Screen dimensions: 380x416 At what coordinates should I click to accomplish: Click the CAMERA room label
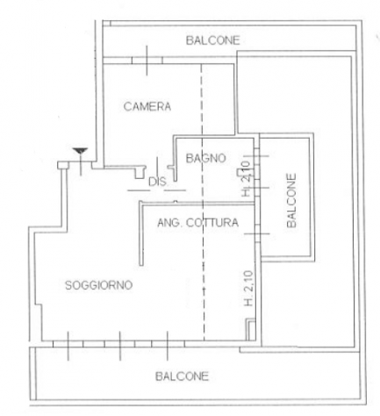[x=147, y=106]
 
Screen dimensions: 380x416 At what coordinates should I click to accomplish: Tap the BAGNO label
[x=206, y=158]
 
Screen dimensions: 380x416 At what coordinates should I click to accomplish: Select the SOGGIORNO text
[x=98, y=285]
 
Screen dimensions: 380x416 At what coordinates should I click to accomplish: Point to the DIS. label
[x=158, y=182]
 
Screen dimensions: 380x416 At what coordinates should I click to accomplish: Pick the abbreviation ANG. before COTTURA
[x=170, y=223]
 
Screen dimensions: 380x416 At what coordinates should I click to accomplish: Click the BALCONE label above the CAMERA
[x=213, y=40]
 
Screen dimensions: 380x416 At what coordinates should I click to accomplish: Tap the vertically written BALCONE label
[x=291, y=201]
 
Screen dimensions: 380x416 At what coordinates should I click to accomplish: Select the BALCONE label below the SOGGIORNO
[x=182, y=377]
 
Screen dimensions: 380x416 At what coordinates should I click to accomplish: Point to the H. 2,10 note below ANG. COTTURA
[x=248, y=289]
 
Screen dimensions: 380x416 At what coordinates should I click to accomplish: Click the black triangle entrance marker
[x=80, y=151]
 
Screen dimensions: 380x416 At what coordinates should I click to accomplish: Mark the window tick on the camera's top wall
[x=147, y=61]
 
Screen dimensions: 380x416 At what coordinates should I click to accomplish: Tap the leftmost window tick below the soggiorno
[x=68, y=346]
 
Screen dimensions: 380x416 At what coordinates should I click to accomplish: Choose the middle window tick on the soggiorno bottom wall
[x=120, y=346]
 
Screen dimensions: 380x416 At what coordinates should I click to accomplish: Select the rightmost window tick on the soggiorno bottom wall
[x=168, y=346]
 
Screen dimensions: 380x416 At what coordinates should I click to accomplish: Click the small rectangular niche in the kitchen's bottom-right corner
[x=250, y=330]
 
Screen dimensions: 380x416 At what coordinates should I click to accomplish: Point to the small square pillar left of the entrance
[x=63, y=165]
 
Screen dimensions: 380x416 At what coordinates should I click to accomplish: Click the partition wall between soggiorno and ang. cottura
[x=141, y=233]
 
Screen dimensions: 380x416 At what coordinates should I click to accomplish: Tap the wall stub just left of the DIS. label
[x=140, y=173]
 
